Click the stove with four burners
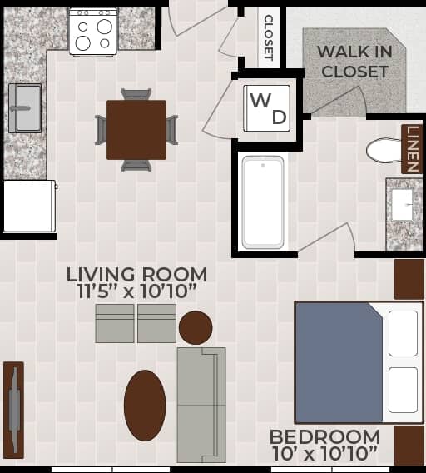point(93,32)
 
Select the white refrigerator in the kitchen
point(28,206)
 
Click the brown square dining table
point(136,130)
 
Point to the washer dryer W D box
point(268,108)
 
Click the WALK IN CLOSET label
point(354,62)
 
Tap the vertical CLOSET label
point(268,37)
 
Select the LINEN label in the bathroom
point(412,149)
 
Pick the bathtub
point(262,202)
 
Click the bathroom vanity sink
point(403,206)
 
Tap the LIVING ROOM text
point(137,274)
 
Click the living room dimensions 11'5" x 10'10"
point(137,291)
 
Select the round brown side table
point(196,327)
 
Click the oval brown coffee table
point(145,406)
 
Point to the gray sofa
point(201,406)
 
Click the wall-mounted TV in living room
point(13,408)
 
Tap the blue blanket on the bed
point(339,362)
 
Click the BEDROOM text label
point(324,437)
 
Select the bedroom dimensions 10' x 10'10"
point(324,454)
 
